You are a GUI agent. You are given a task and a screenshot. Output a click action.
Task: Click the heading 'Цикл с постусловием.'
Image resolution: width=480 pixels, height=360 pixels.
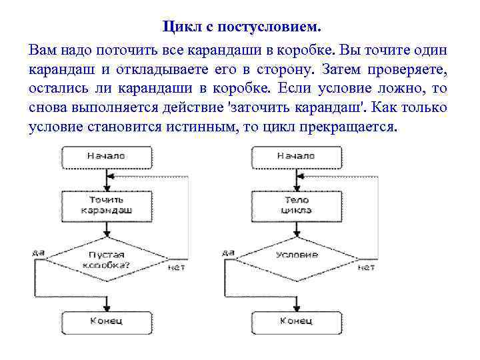tap(241, 27)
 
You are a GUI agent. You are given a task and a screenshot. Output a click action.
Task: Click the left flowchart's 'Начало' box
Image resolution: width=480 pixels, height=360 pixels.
tap(106, 156)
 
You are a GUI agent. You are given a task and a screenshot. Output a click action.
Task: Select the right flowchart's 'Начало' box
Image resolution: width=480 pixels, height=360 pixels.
tap(296, 156)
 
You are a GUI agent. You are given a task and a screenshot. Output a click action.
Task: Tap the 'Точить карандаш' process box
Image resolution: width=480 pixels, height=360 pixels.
tap(106, 204)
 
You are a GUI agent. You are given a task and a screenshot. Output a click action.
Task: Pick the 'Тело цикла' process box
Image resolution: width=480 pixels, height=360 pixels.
tap(296, 204)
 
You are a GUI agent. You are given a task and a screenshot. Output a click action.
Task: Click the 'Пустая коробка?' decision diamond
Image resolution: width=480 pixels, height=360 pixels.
tap(106, 259)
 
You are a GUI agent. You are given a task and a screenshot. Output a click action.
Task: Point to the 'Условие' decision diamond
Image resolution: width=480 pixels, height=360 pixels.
tap(296, 255)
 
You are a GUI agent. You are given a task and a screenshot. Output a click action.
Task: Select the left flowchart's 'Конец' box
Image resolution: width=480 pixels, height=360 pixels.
tap(106, 321)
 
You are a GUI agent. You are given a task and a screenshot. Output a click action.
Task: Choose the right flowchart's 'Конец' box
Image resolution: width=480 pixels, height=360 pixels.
tap(296, 321)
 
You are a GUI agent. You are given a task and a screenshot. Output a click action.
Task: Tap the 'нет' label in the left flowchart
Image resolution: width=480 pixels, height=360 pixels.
tap(177, 267)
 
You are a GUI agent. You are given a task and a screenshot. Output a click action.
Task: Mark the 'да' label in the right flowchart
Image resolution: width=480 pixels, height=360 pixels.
tap(227, 253)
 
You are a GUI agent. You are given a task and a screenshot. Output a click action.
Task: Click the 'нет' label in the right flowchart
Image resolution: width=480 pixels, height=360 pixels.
tap(366, 267)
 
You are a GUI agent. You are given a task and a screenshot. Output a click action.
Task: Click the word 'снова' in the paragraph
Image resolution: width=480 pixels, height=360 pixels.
tap(48, 108)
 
